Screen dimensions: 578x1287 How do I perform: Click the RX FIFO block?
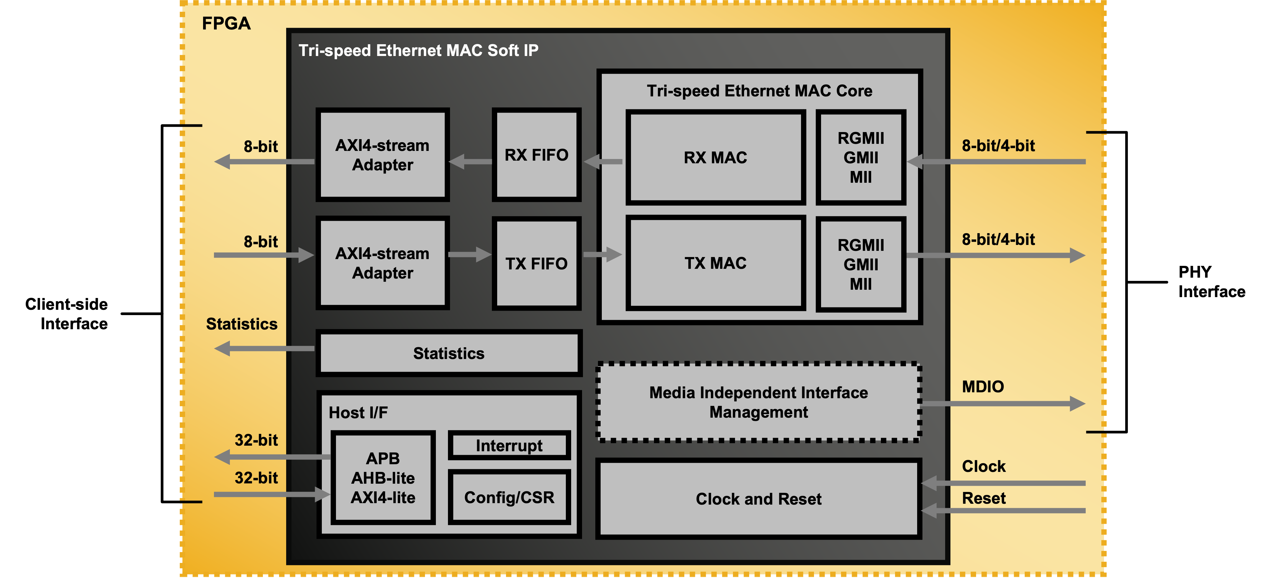[x=536, y=155]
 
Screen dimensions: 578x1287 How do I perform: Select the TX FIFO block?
[x=536, y=263]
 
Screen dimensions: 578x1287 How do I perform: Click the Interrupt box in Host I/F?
[x=509, y=445]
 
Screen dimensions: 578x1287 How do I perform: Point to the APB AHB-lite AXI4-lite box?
[x=383, y=477]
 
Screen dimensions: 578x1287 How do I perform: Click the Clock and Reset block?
[x=758, y=499]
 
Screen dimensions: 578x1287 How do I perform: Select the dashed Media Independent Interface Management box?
[x=758, y=402]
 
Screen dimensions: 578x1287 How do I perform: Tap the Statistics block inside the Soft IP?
[x=448, y=353]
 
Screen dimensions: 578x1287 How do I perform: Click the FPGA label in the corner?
[x=226, y=24]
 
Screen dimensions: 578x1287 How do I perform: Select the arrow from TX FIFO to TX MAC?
[x=602, y=254]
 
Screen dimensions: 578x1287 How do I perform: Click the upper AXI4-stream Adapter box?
[x=382, y=155]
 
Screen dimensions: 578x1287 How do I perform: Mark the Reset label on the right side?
[x=983, y=498]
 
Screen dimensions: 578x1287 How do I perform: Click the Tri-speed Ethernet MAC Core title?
[x=759, y=91]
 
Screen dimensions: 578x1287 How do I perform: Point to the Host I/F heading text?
[x=358, y=413]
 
